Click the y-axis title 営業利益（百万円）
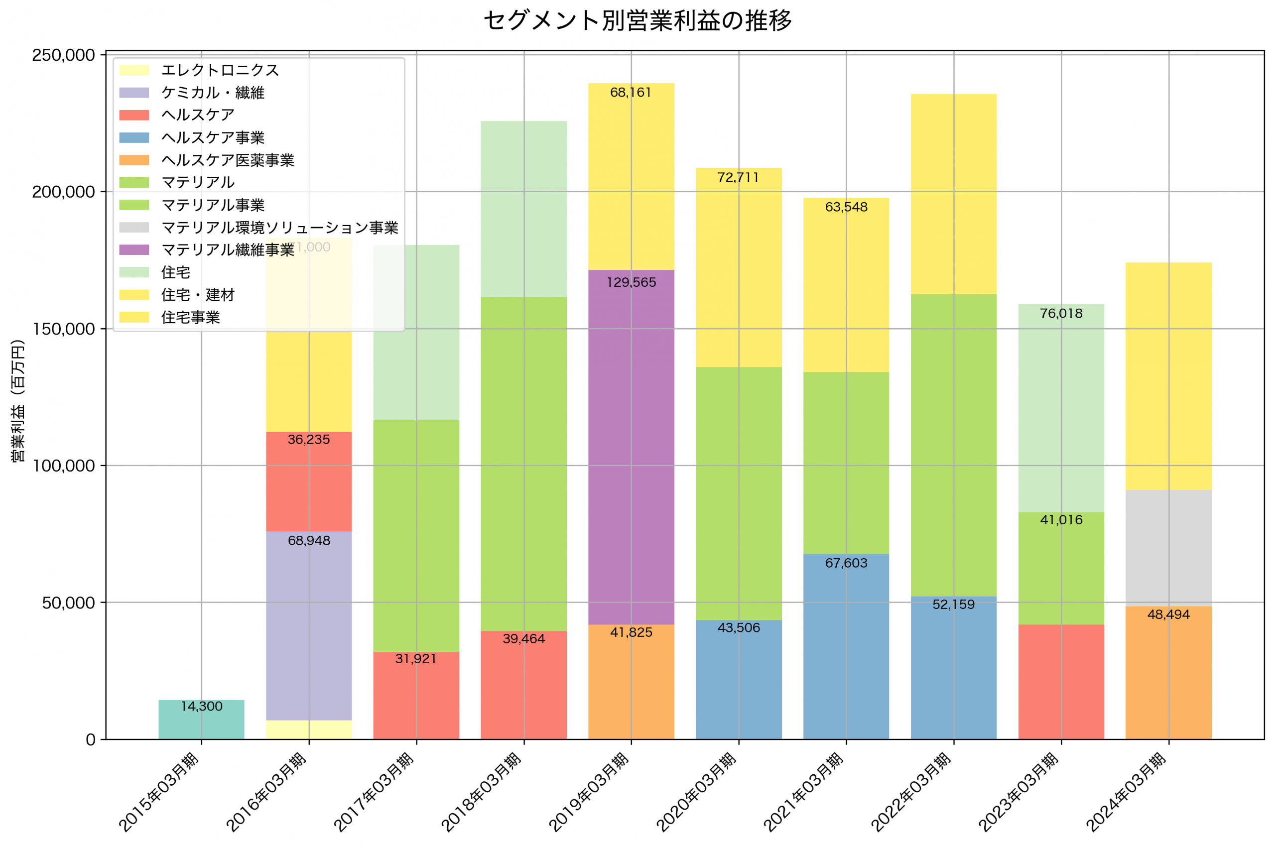click(x=18, y=400)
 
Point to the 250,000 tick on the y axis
click(x=63, y=55)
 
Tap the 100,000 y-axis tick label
click(x=63, y=466)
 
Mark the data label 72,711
click(x=738, y=178)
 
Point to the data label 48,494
click(x=1168, y=615)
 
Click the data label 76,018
click(x=1061, y=314)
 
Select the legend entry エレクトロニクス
click(x=220, y=71)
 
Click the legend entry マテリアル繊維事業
click(x=228, y=250)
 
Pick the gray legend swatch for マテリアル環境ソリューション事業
click(x=133, y=228)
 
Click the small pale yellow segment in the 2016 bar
click(x=309, y=729)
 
